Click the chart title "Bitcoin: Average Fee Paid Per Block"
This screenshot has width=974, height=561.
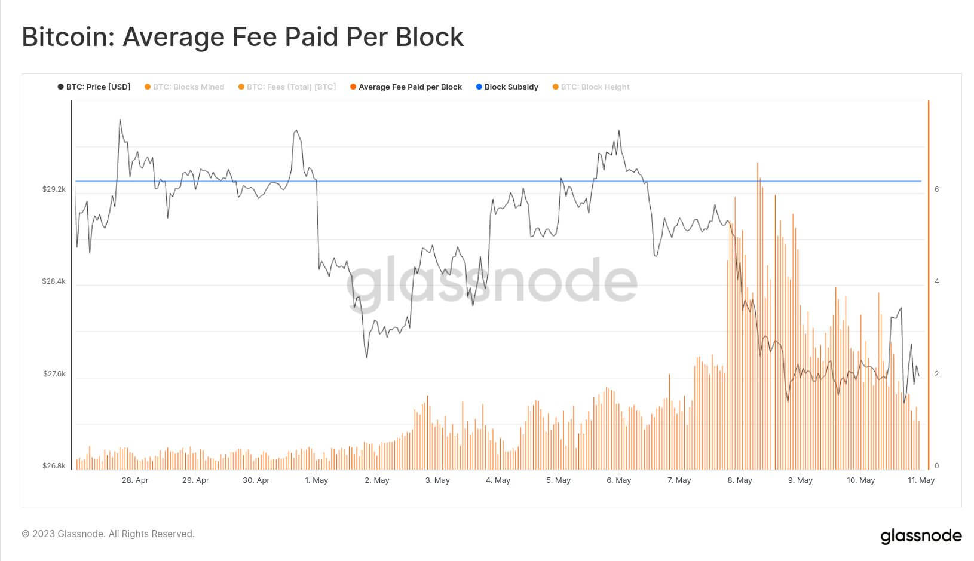pos(243,37)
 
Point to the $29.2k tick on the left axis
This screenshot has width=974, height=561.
pos(54,189)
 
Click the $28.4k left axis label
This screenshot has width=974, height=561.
pos(54,281)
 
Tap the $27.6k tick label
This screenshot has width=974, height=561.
pos(54,374)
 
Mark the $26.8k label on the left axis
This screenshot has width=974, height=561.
pos(54,466)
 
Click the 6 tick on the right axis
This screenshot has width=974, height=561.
pos(936,189)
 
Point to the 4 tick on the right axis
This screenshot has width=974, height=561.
pos(936,281)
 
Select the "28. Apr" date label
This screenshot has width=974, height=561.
pos(135,480)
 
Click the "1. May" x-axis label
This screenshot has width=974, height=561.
pos(316,480)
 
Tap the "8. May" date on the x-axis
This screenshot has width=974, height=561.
pos(740,480)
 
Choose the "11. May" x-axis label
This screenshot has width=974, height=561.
pos(921,480)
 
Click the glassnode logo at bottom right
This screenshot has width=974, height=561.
pos(921,536)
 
